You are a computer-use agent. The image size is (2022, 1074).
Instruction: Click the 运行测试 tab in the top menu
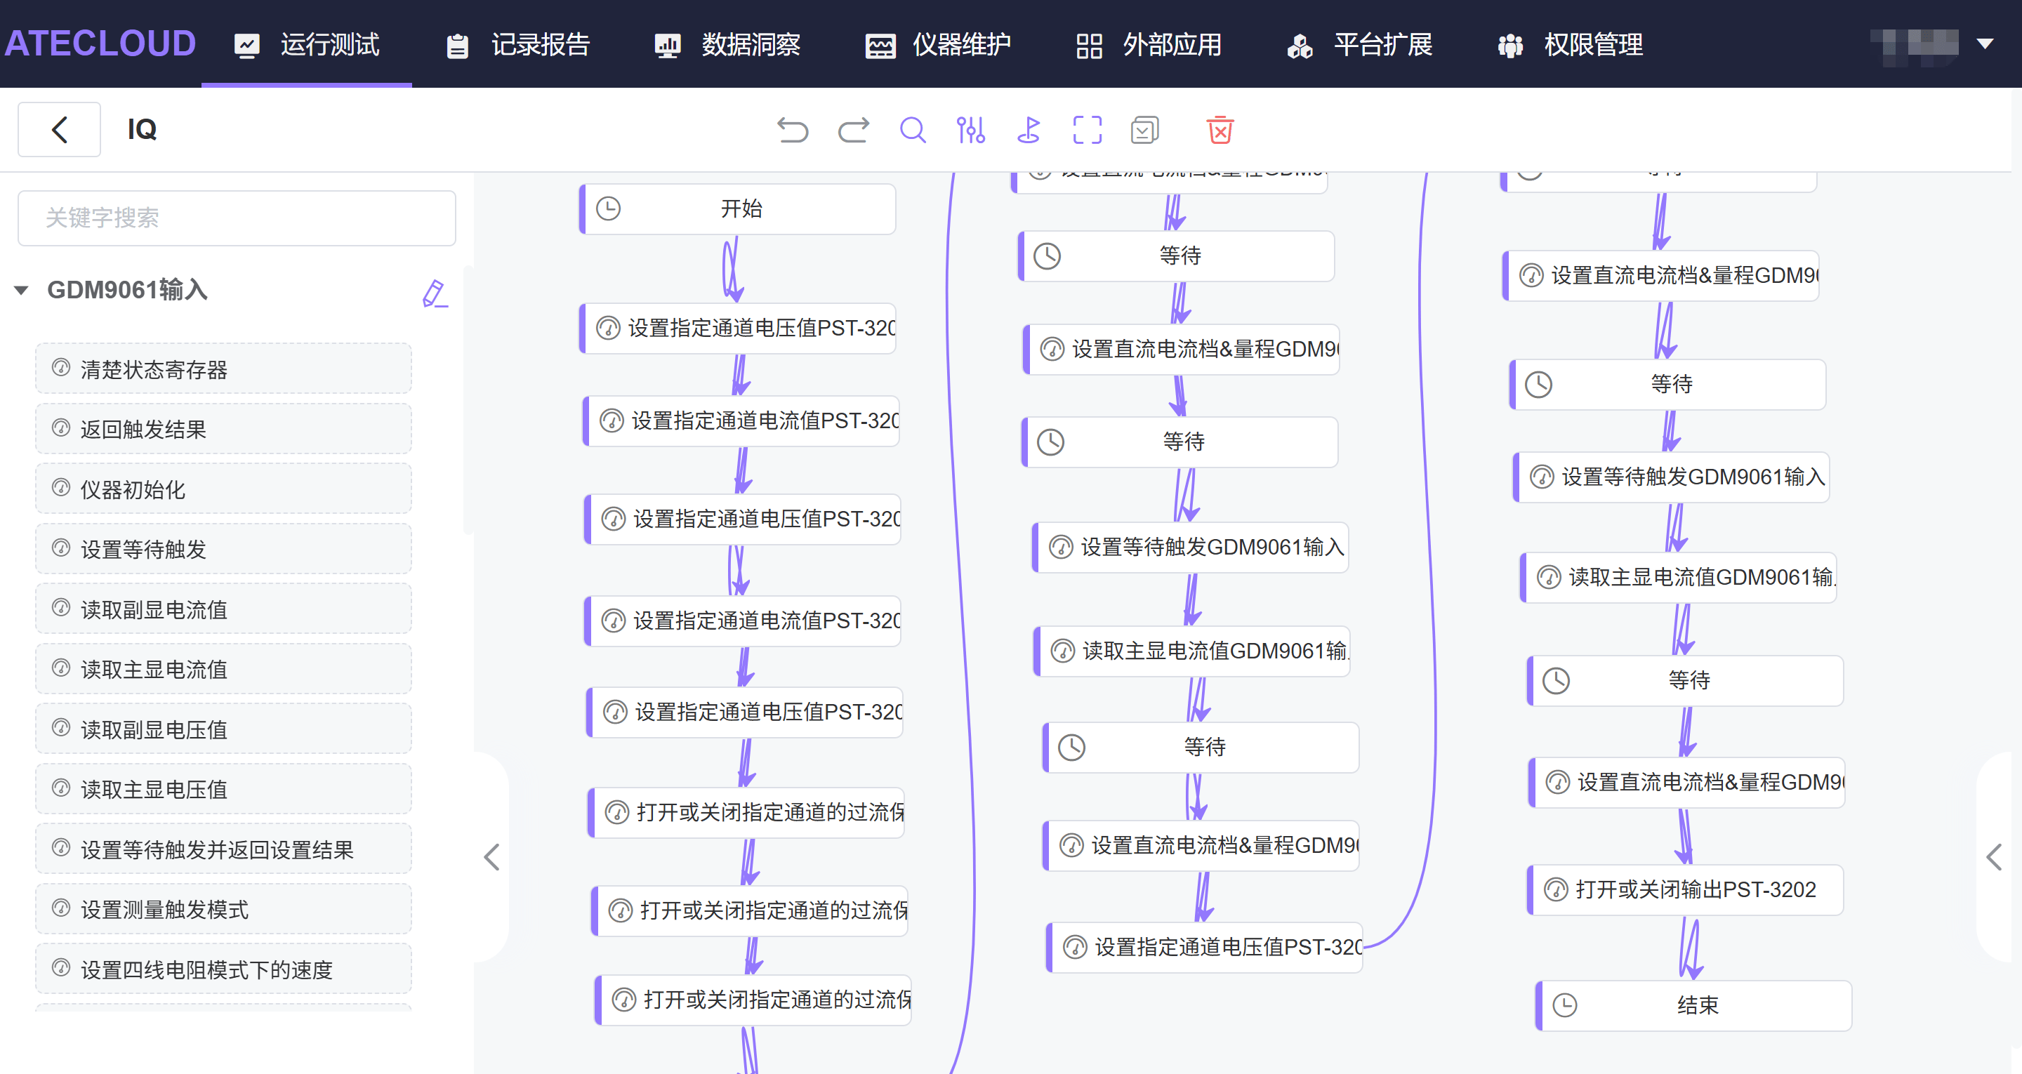(x=307, y=45)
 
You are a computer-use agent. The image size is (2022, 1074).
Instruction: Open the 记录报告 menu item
(x=517, y=45)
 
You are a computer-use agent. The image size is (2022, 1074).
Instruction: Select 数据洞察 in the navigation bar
(x=727, y=45)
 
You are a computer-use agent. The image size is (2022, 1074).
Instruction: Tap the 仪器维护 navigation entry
(x=938, y=45)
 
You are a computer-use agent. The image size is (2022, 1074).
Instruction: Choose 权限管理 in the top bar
(x=1570, y=45)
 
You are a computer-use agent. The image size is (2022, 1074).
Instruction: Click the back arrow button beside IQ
(x=60, y=130)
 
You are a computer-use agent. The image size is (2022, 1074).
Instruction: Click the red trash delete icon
(x=1220, y=131)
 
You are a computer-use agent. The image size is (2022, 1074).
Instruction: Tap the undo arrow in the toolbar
(x=792, y=131)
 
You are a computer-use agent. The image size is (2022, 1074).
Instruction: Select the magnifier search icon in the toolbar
(x=912, y=131)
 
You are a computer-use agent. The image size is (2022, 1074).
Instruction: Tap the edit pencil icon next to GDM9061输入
(x=434, y=293)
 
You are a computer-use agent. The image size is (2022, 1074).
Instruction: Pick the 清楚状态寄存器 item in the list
(x=223, y=369)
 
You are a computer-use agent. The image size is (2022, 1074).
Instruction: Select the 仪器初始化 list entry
(x=223, y=489)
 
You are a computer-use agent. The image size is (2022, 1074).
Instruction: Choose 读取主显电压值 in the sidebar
(x=223, y=789)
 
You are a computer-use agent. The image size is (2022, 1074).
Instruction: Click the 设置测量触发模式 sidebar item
(x=223, y=909)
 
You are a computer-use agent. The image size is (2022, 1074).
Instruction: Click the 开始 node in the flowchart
(x=739, y=209)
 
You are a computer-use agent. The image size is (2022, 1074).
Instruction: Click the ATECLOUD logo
(x=100, y=44)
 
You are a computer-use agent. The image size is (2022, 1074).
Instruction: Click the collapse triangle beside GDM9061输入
(x=21, y=291)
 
